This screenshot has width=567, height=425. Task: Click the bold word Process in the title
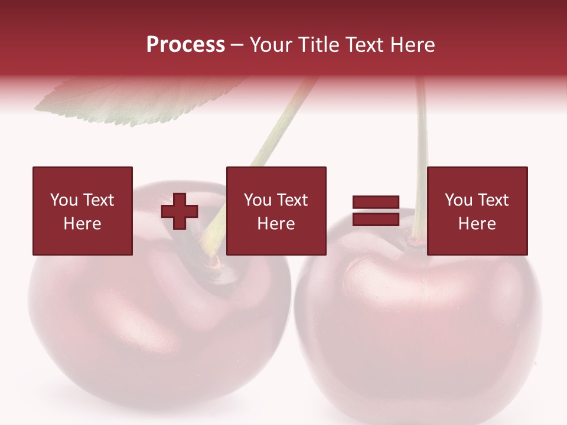(x=185, y=45)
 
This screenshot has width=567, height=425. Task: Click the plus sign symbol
(x=180, y=211)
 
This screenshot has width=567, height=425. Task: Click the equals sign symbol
(x=376, y=211)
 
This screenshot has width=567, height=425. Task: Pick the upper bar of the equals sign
(x=376, y=202)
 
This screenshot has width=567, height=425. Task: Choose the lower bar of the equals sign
(x=376, y=219)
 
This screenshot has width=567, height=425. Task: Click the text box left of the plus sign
(x=83, y=211)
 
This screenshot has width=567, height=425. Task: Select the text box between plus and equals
(x=276, y=211)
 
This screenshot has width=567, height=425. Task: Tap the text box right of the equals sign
(x=477, y=211)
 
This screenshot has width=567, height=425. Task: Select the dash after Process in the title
(x=237, y=45)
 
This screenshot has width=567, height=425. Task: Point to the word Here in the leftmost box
(x=83, y=224)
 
